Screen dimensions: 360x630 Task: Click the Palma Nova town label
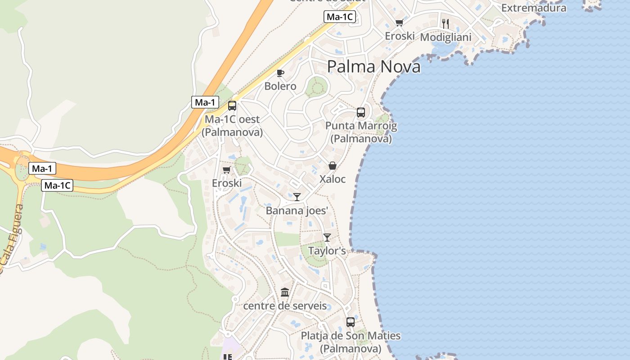[x=373, y=67]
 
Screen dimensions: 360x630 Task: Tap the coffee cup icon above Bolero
[x=280, y=73]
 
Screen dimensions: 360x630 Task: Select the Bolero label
[x=280, y=86]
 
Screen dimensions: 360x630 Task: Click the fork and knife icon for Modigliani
[x=445, y=23]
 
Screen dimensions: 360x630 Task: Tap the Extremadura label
[x=533, y=8]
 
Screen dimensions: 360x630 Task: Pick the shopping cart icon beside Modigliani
[x=399, y=23]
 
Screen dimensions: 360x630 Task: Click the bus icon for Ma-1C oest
[x=232, y=106]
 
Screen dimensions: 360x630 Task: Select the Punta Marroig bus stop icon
[x=361, y=112]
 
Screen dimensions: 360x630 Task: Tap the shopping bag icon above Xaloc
[x=333, y=166]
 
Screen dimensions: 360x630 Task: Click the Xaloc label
[x=333, y=179]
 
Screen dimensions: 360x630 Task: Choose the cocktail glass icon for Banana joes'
[x=297, y=197]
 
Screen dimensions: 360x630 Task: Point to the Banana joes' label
[x=297, y=211]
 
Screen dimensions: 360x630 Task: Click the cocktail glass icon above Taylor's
[x=327, y=238]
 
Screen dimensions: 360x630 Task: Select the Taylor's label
[x=327, y=251]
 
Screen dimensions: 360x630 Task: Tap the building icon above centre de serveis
[x=285, y=292]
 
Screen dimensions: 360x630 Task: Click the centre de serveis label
[x=285, y=306]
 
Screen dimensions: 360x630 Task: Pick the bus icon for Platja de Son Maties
[x=351, y=322]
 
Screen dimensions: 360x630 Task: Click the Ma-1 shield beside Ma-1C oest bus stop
[x=205, y=102]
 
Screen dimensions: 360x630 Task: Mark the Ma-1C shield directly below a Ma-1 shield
[x=57, y=185]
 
